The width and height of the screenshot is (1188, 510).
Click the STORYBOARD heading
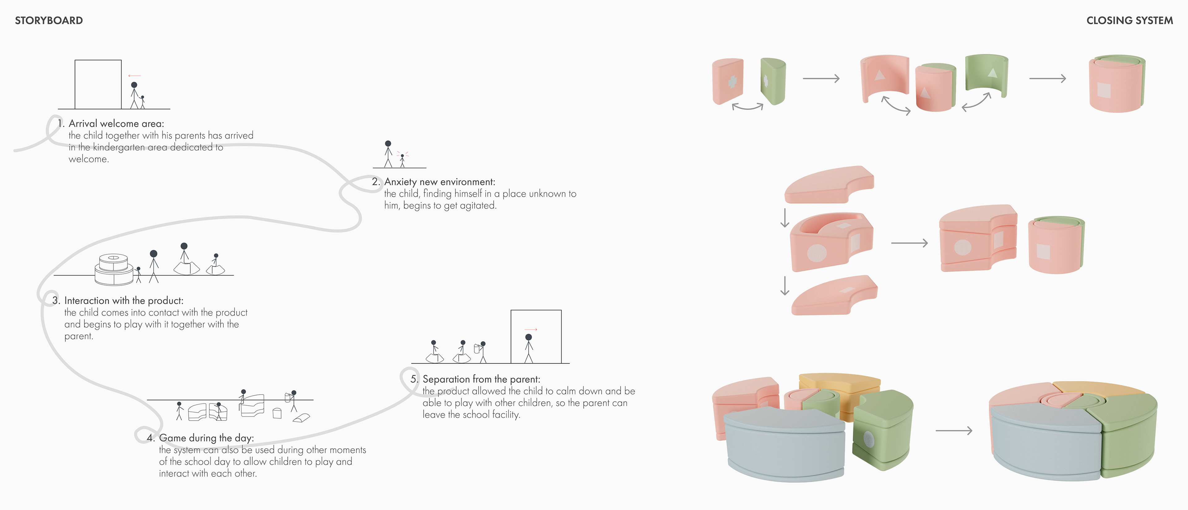(49, 20)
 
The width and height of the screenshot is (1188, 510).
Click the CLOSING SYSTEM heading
(1130, 20)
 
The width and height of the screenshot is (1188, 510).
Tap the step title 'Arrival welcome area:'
(116, 123)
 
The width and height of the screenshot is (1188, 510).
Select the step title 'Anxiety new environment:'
(440, 182)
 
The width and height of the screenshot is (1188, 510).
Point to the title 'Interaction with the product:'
(124, 301)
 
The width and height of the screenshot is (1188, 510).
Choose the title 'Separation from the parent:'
(481, 379)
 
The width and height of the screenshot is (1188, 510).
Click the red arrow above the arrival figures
(135, 76)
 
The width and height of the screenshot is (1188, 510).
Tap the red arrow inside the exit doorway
(531, 329)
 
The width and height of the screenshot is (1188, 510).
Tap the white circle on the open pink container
(817, 252)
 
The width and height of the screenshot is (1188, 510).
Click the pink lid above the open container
(829, 184)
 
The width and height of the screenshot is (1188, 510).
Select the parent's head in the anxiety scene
(388, 143)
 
